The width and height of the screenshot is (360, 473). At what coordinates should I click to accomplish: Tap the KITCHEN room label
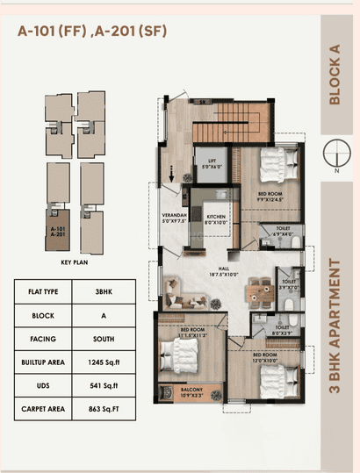pyautogui.click(x=216, y=219)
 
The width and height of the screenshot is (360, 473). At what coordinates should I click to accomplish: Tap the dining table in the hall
pyautogui.click(x=257, y=290)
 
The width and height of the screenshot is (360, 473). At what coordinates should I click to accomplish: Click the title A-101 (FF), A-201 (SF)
pyautogui.click(x=91, y=32)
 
